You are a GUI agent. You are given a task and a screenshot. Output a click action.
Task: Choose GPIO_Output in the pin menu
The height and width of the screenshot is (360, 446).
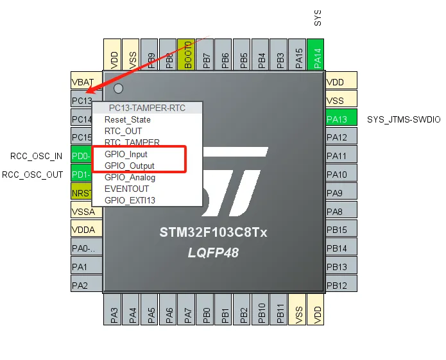coord(130,166)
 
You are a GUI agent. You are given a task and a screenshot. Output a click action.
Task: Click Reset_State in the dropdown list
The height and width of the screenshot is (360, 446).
coord(128,119)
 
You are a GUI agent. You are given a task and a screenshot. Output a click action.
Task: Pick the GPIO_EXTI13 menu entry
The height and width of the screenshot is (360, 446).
coord(130,200)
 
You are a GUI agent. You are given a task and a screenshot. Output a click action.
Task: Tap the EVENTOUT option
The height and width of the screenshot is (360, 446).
coord(126,189)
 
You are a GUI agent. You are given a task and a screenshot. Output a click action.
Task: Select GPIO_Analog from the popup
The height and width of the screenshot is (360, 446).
coord(130,178)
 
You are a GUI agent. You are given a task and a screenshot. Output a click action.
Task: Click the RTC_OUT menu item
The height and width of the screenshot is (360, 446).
coord(123,131)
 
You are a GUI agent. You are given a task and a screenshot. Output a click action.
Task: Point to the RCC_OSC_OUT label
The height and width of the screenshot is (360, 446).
coord(33,174)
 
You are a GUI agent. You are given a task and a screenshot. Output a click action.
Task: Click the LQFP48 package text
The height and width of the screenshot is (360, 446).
coord(213,253)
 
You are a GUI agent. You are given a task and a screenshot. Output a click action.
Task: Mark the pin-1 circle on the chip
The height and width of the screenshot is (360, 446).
coord(118,89)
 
